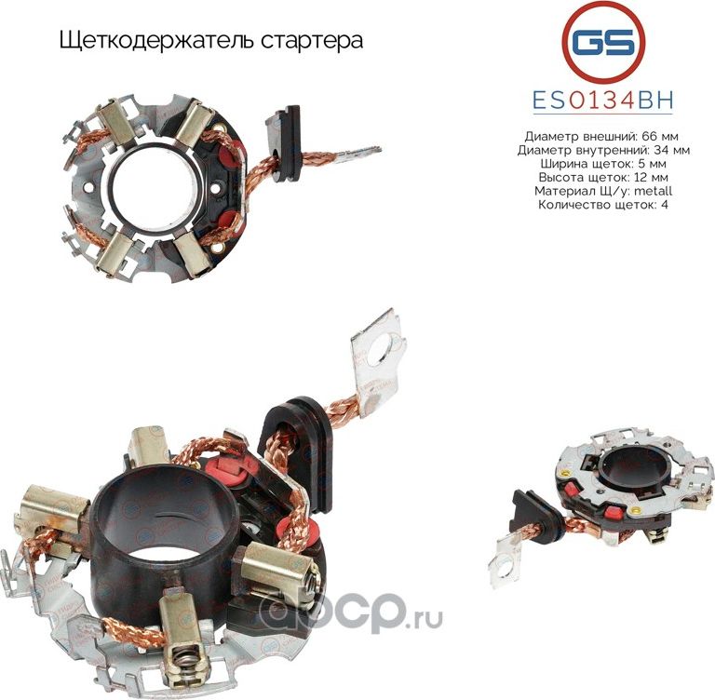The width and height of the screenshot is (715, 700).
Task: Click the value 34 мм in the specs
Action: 672,149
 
